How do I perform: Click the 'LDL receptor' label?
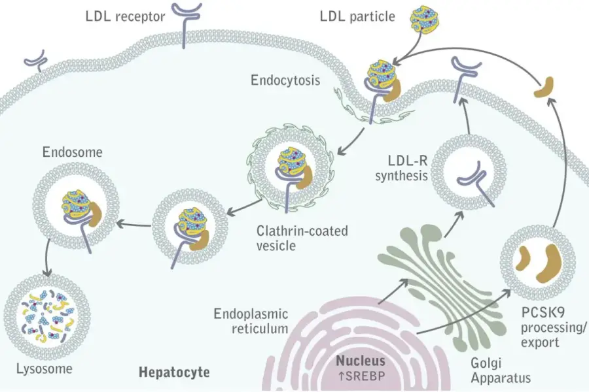coord(126,16)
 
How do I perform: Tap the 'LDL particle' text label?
coord(357,16)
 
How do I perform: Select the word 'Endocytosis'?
coord(285,80)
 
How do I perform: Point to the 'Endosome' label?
coord(72,152)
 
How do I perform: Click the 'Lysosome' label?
coord(45,368)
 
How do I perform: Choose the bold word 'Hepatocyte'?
coord(174,372)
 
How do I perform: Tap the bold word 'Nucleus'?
coord(361,361)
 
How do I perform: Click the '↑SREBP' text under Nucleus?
coord(361,376)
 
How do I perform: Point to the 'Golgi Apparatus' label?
coord(501,370)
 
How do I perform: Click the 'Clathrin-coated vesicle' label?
coord(302,238)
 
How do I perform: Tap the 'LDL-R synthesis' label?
coord(402,168)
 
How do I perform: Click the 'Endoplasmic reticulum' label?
coord(251,321)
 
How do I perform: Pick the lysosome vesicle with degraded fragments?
coord(47,318)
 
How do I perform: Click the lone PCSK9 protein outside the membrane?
coord(544,88)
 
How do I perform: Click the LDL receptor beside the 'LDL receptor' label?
coord(185,24)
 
